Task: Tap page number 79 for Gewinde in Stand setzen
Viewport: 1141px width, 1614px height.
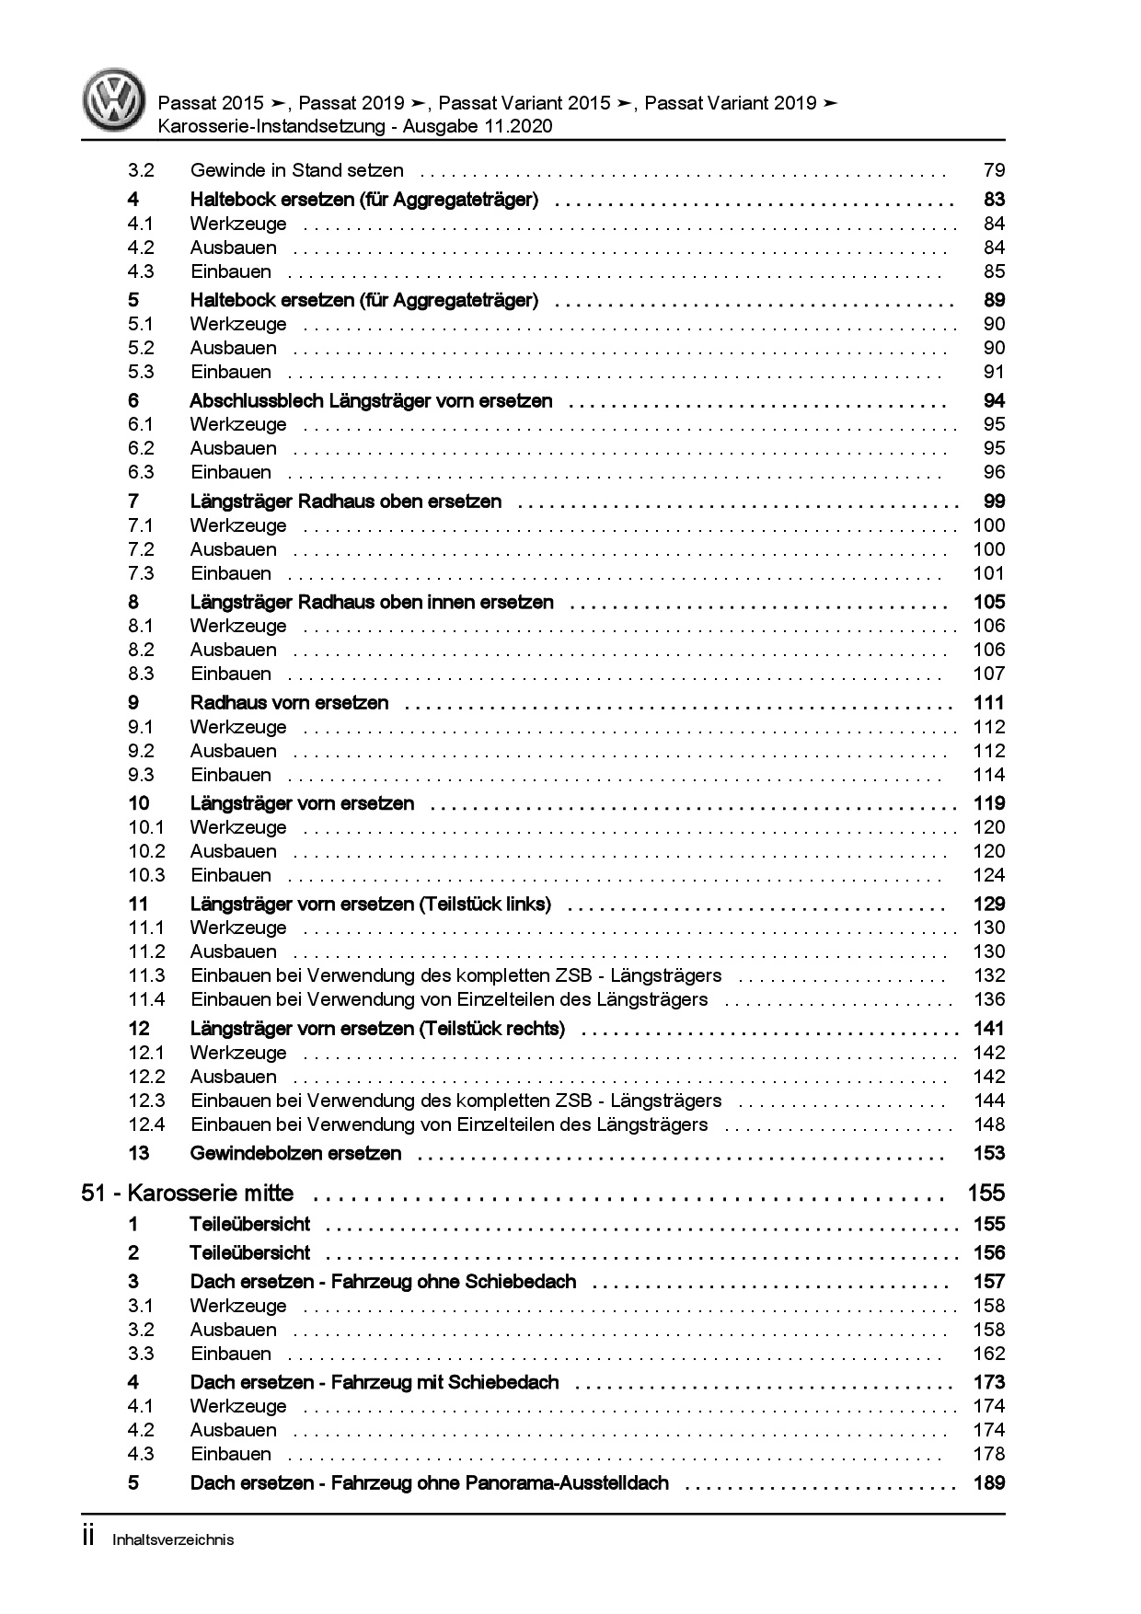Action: pyautogui.click(x=994, y=170)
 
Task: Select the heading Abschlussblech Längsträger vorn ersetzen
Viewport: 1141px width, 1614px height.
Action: pyautogui.click(x=371, y=401)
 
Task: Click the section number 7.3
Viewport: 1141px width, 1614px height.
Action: pyautogui.click(x=141, y=573)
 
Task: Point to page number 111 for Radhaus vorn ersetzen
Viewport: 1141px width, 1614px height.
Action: pyautogui.click(x=989, y=703)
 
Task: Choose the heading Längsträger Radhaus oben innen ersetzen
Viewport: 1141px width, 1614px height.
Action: pyautogui.click(x=372, y=603)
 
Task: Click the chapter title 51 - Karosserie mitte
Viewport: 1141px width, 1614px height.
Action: pyautogui.click(x=188, y=1193)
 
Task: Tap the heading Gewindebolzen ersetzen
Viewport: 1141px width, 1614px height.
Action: pyautogui.click(x=295, y=1154)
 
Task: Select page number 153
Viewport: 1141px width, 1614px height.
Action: pyautogui.click(x=989, y=1154)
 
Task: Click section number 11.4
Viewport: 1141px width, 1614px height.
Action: pyautogui.click(x=146, y=999)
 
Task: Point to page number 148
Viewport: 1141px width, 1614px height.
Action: pyautogui.click(x=989, y=1124)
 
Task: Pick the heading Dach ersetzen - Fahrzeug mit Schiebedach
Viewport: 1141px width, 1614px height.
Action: pyautogui.click(x=375, y=1383)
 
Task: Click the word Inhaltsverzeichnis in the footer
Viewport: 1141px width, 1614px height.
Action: pyautogui.click(x=173, y=1539)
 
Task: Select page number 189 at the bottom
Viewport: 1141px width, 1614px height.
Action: pyautogui.click(x=989, y=1483)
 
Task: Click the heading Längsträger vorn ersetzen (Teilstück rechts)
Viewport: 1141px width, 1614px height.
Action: pyautogui.click(x=377, y=1029)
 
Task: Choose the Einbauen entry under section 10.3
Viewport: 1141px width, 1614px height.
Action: pyautogui.click(x=231, y=875)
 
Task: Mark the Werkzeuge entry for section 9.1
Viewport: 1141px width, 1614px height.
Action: pyautogui.click(x=238, y=727)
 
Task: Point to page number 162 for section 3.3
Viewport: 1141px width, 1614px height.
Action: pyautogui.click(x=989, y=1354)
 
